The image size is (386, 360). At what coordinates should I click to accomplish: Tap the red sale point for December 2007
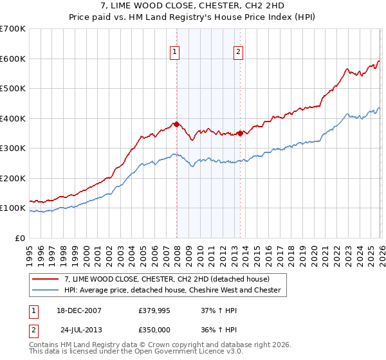176,124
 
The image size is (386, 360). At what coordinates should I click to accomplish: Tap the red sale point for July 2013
240,133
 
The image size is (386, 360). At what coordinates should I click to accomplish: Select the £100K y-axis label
13,208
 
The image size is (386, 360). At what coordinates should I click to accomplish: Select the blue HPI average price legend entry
172,290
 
